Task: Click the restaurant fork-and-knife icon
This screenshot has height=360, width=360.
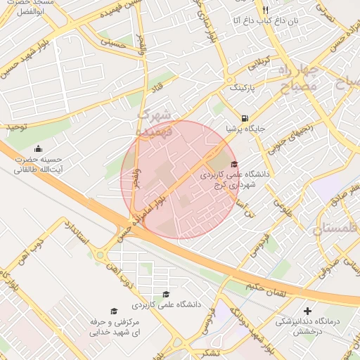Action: pos(265,10)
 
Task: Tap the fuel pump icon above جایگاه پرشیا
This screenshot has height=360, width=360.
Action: pos(244,118)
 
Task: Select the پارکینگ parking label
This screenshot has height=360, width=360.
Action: pos(243,89)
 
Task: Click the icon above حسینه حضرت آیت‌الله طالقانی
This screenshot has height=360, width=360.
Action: pos(38,149)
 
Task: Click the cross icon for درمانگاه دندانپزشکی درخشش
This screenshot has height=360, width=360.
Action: pos(307,311)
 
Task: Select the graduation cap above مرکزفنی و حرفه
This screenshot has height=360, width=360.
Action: pos(113,311)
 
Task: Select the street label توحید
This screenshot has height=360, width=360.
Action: pos(17,127)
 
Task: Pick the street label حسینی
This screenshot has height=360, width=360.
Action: pos(112,42)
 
